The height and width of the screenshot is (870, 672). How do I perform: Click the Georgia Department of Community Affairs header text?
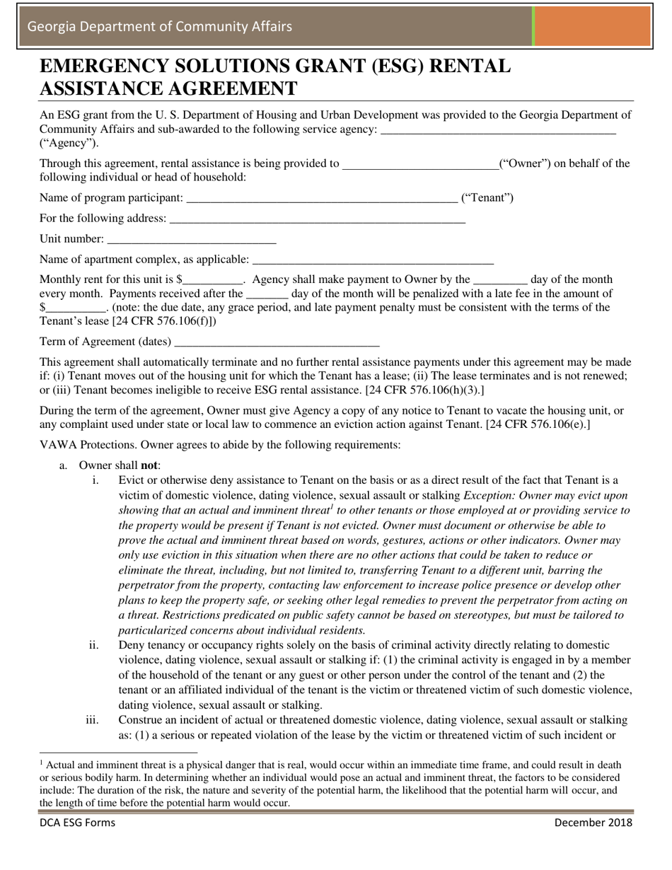[x=159, y=27]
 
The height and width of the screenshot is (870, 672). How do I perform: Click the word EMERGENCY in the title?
[x=113, y=66]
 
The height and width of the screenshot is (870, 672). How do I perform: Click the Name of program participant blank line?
[x=321, y=199]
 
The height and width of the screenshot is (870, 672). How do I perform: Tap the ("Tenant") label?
[x=487, y=198]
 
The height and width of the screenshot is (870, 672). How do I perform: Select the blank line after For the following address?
[x=318, y=219]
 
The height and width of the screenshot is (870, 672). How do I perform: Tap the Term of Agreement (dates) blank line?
[x=277, y=343]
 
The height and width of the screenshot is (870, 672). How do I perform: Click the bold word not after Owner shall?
[x=150, y=465]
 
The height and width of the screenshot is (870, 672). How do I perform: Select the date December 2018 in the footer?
[x=593, y=823]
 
